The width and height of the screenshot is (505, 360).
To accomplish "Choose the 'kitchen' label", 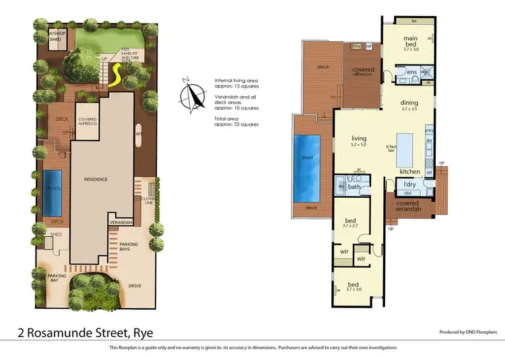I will [409, 172].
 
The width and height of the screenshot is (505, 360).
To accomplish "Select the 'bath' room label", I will [353, 187].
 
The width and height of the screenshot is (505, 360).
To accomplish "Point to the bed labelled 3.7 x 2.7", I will [350, 223].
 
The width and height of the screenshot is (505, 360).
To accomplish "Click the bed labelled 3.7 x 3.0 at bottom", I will [353, 286].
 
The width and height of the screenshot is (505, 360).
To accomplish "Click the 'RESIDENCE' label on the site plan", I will [96, 180].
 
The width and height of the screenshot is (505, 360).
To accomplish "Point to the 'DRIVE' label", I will [135, 286].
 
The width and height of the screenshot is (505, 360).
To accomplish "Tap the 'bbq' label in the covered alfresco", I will [358, 46].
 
